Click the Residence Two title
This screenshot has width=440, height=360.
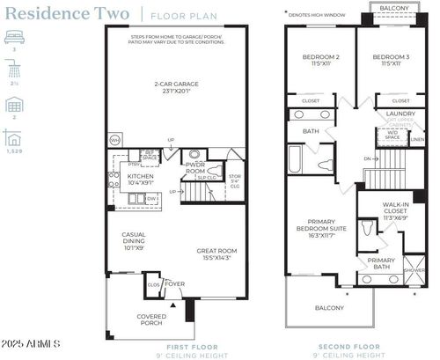tap(71, 14)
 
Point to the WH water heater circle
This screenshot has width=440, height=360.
tap(114, 140)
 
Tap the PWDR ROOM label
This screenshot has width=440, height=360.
tap(195, 167)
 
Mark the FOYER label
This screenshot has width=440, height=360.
tap(174, 284)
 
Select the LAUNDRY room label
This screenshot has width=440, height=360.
tap(400, 114)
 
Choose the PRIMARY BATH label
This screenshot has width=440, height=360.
tap(381, 263)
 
